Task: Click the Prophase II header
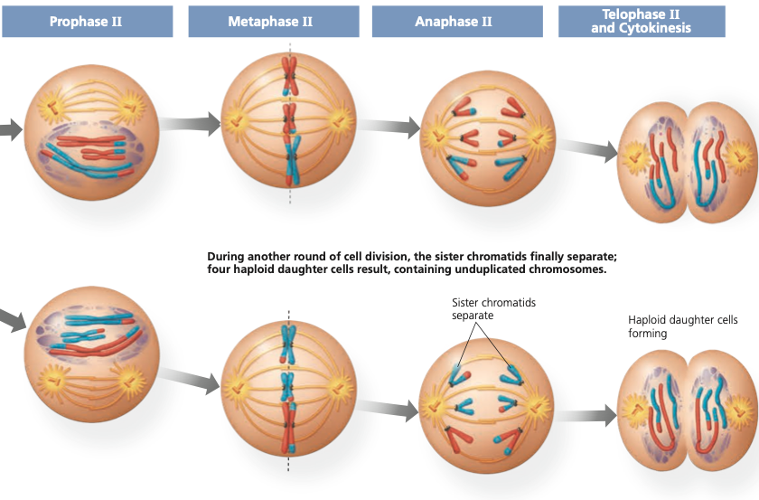(x=87, y=22)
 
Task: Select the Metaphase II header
(x=274, y=22)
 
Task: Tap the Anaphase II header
(x=457, y=22)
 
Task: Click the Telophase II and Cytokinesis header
(x=642, y=22)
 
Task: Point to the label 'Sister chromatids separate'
(x=493, y=308)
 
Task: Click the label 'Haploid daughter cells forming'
(x=682, y=326)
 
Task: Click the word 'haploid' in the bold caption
(x=251, y=269)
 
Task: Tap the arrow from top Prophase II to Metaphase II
(x=190, y=123)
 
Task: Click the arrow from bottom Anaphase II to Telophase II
(x=586, y=416)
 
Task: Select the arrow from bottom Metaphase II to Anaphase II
(x=388, y=409)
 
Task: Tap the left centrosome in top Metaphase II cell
(x=236, y=121)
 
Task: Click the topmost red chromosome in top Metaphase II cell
(x=289, y=76)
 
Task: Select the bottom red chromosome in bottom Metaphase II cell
(x=289, y=428)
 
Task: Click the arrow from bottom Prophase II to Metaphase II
(x=189, y=380)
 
